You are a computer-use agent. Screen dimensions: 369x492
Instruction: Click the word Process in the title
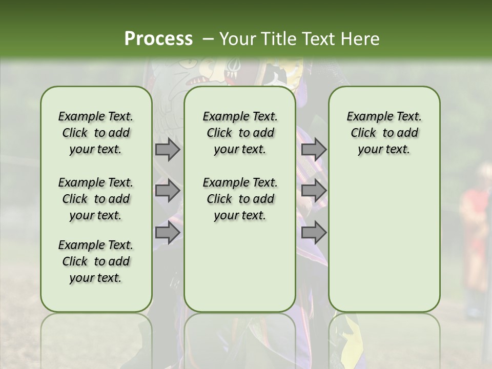158,39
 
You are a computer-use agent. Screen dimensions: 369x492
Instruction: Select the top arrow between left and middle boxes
168,150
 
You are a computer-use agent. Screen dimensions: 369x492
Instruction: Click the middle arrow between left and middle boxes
168,191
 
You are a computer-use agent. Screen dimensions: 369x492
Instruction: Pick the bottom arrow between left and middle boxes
168,233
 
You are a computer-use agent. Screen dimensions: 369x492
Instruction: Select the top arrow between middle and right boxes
314,150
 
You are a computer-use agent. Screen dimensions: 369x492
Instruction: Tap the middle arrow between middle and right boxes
314,191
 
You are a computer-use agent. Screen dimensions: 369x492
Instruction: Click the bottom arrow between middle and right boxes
314,233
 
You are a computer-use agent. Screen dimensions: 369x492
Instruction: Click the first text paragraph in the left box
96,133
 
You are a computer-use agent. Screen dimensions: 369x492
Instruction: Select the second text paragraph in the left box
96,199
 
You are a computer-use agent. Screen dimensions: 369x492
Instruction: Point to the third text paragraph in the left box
96,261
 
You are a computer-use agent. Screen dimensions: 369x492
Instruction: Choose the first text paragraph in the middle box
240,133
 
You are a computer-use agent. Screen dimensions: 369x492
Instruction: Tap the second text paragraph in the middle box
240,199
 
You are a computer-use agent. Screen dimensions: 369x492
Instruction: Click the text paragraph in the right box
384,133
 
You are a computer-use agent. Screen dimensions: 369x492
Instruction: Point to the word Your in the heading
238,39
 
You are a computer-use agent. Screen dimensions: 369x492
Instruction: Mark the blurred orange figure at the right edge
474,231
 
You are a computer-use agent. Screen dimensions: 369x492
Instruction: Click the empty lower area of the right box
384,241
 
